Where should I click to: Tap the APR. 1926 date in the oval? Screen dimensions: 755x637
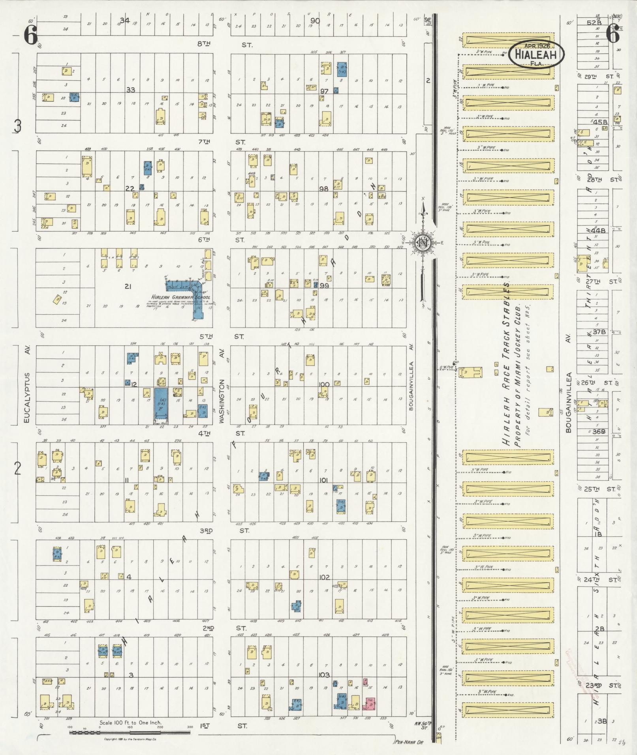[x=537, y=46]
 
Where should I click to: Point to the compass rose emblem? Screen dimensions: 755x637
[x=422, y=242]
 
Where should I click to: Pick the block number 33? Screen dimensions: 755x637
[x=130, y=90]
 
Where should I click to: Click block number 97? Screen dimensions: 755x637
[x=324, y=91]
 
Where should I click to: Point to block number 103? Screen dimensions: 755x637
[x=324, y=675]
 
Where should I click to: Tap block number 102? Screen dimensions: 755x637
[x=324, y=577]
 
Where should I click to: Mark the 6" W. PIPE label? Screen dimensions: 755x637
[x=445, y=368]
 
